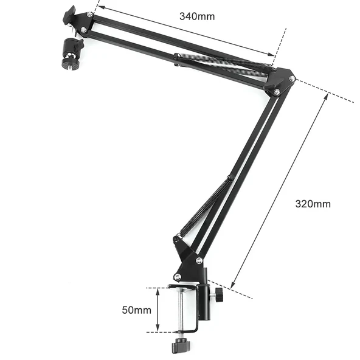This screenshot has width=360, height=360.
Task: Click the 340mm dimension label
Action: [196, 16]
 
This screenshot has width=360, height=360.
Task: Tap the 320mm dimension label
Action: [313, 204]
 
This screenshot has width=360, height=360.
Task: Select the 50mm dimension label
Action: [136, 310]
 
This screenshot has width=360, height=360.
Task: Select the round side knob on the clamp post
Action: [218, 296]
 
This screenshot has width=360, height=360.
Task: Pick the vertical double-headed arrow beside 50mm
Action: [157, 310]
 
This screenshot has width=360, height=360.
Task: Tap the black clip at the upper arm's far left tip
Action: [69, 15]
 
